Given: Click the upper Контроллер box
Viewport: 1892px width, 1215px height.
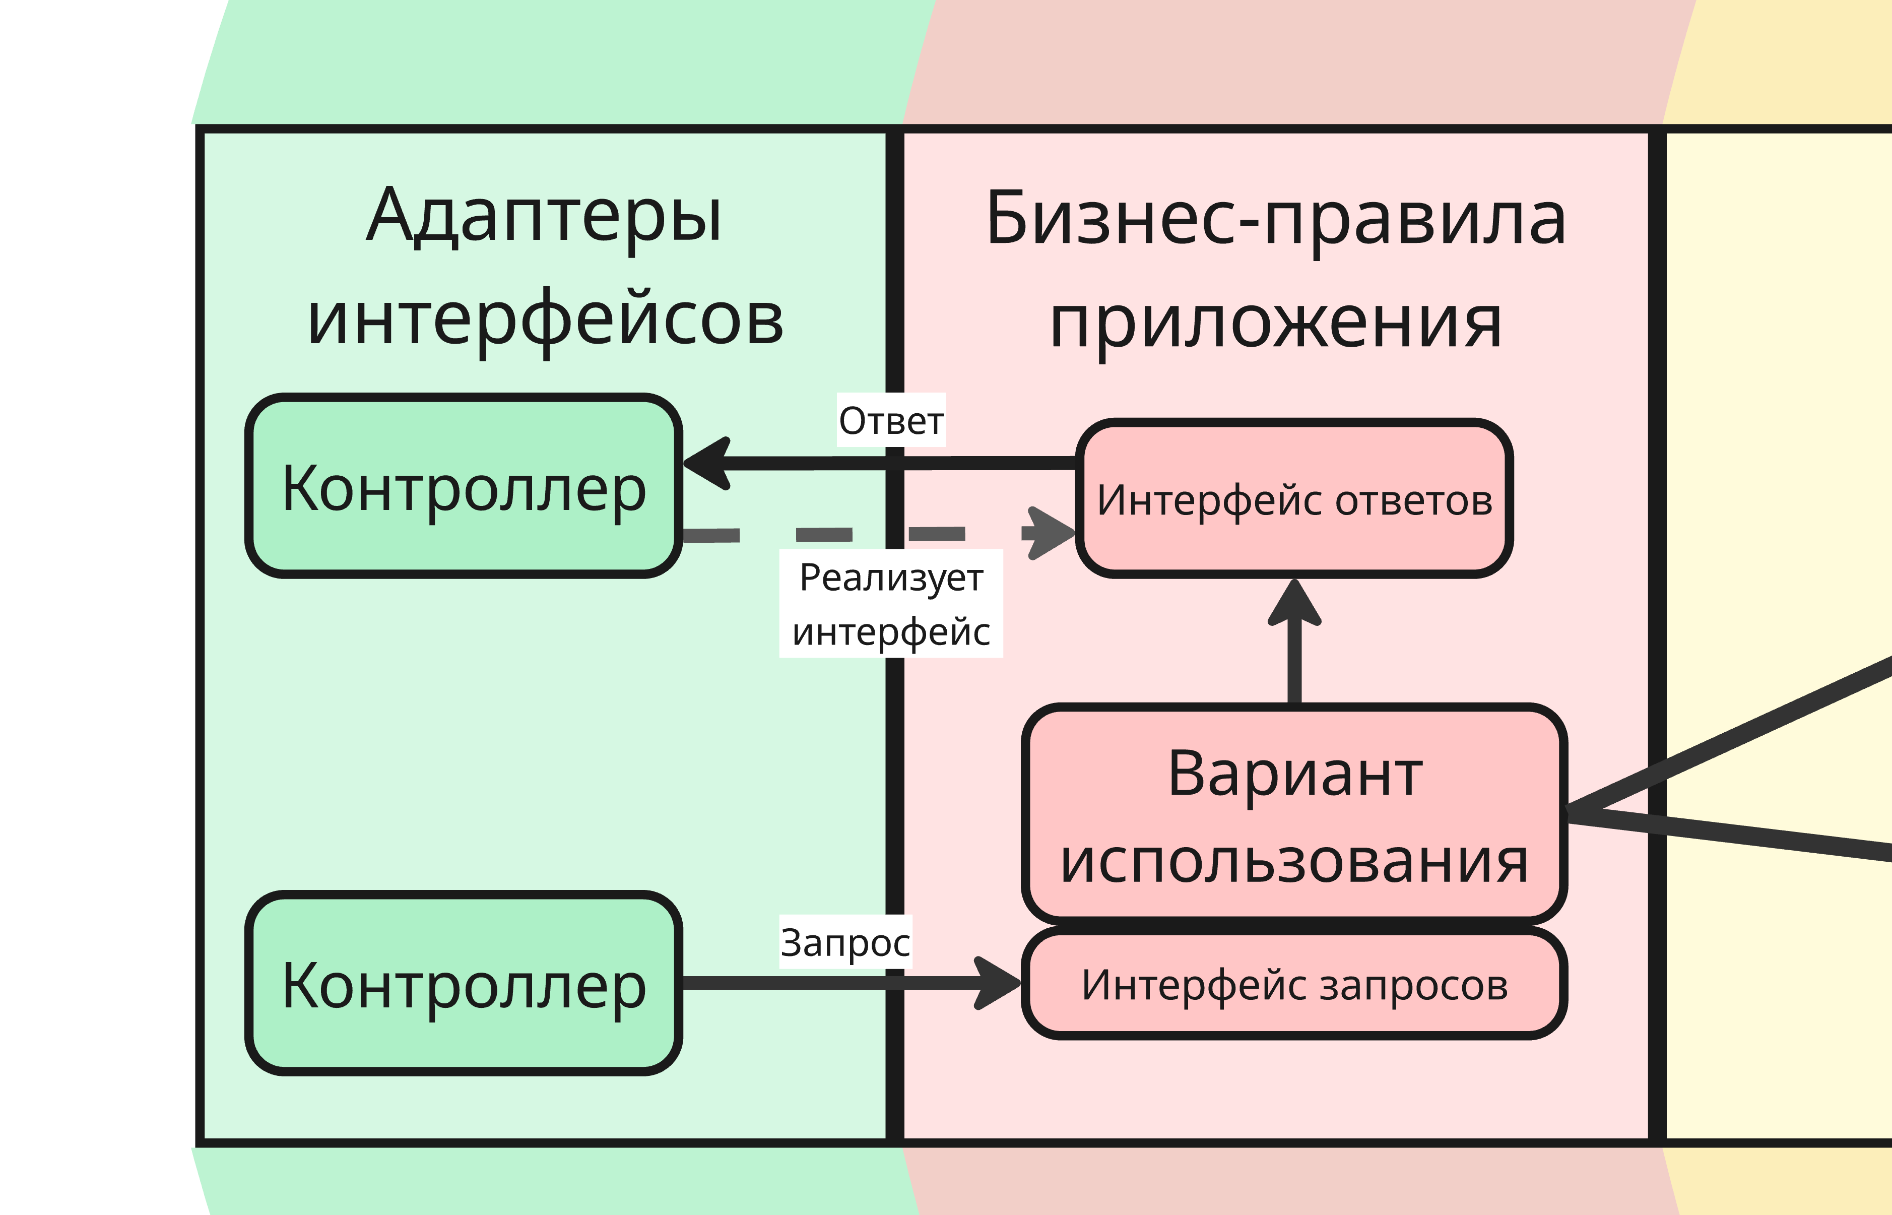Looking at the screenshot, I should (464, 486).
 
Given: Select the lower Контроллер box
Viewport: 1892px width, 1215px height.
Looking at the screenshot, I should (464, 984).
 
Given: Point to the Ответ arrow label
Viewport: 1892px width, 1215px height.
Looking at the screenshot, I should (890, 420).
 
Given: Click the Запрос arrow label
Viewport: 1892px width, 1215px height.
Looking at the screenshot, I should (844, 942).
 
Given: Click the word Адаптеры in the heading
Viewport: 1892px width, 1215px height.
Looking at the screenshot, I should (544, 215).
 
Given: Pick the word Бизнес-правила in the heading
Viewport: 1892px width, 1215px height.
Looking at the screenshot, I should (1275, 219).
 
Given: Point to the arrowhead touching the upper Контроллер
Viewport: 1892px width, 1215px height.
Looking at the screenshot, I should (706, 463).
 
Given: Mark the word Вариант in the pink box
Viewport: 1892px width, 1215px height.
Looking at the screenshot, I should (1295, 773).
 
